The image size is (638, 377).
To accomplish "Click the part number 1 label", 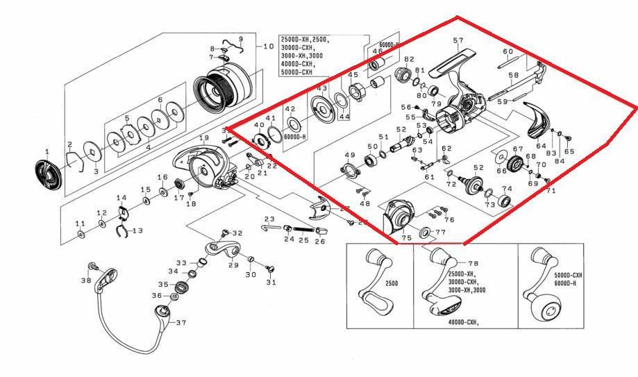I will click(47, 151).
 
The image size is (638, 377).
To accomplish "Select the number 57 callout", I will click(458, 41).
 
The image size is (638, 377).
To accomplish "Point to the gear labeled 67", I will click(515, 165).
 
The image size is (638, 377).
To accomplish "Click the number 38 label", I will click(85, 280).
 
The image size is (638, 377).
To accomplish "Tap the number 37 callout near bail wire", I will click(181, 323).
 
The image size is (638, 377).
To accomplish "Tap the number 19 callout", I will click(203, 138).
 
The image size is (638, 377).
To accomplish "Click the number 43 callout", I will click(322, 89).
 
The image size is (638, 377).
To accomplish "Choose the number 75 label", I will click(406, 237).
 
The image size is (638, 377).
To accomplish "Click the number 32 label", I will click(237, 233).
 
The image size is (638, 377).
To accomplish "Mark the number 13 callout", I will click(137, 231).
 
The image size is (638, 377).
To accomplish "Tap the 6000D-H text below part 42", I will click(296, 137).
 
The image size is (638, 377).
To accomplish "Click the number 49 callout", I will click(350, 155).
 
